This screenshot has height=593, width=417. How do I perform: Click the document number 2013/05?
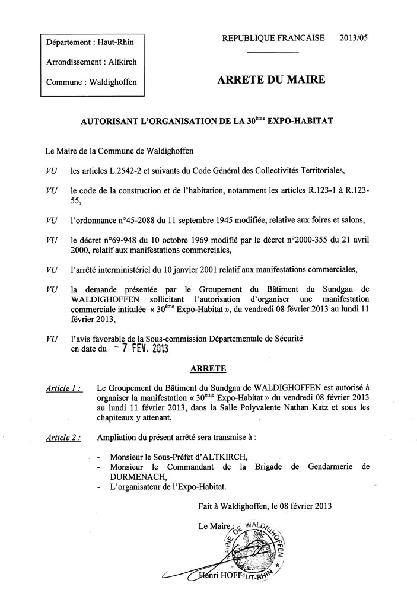click(x=354, y=38)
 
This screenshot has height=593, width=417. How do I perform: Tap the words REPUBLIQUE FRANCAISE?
click(x=273, y=38)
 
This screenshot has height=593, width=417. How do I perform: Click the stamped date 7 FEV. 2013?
click(x=141, y=349)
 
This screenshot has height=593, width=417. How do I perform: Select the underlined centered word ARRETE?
click(x=208, y=368)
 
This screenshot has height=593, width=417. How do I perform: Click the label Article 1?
click(x=63, y=388)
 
